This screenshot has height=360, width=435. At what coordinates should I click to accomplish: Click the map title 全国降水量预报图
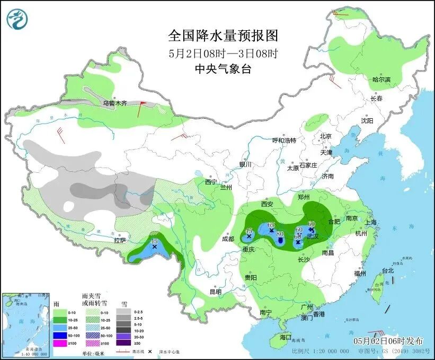point(223,36)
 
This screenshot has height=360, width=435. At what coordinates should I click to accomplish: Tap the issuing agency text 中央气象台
point(223,68)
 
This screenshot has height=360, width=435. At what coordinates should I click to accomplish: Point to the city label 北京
point(325,136)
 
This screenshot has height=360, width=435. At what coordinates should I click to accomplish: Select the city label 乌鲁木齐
point(115,103)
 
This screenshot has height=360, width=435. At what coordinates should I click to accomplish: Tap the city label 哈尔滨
point(381,80)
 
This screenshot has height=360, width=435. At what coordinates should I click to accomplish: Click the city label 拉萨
point(120,240)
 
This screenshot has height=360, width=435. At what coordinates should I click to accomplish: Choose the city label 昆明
point(215,292)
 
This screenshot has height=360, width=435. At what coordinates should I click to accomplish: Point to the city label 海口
point(286,337)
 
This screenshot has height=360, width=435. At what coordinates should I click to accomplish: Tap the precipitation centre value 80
point(280,234)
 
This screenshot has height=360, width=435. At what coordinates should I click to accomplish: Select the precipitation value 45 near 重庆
point(248,231)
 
